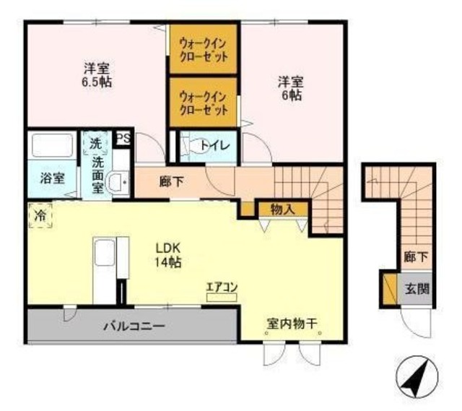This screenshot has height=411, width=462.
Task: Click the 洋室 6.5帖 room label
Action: click(x=97, y=75)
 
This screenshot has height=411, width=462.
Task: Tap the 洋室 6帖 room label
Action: click(x=291, y=88)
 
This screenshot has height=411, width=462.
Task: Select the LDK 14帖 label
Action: click(x=168, y=255)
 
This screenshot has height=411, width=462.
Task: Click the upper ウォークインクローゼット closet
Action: click(x=204, y=49)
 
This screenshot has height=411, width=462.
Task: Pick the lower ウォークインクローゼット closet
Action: click(x=204, y=103)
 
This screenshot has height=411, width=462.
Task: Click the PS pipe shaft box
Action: click(x=123, y=138)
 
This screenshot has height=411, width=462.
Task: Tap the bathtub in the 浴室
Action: click(x=53, y=145)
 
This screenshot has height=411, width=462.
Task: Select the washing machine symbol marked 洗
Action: click(x=95, y=144)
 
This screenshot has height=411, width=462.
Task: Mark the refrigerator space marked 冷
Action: click(x=40, y=216)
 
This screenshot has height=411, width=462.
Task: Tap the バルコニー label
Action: click(x=134, y=326)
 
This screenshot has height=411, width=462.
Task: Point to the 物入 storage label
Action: click(x=282, y=209)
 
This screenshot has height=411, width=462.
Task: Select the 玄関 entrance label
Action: click(x=417, y=289)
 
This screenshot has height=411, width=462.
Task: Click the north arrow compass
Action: click(x=417, y=376)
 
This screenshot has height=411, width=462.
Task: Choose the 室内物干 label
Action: click(x=292, y=324)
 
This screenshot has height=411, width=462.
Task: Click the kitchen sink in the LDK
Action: click(x=104, y=253)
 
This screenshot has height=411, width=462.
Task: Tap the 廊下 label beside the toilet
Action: click(x=172, y=182)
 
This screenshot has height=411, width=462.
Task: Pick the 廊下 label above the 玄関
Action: click(x=416, y=257)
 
